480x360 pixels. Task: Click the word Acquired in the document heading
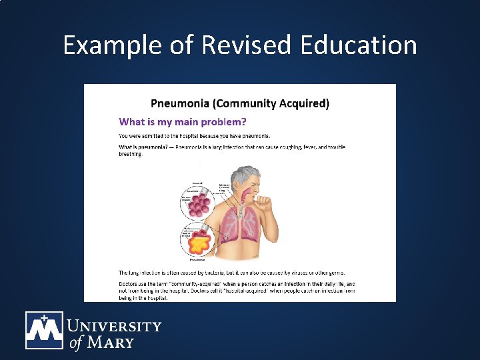(x=305, y=103)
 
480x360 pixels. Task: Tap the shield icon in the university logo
(x=44, y=330)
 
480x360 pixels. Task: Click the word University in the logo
(x=114, y=327)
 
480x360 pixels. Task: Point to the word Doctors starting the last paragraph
(x=129, y=284)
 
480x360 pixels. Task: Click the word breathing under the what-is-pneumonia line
(x=130, y=153)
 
